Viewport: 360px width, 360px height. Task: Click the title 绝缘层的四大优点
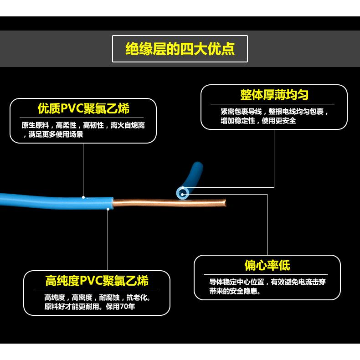tap(180, 49)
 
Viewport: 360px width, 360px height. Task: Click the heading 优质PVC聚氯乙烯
tap(83, 108)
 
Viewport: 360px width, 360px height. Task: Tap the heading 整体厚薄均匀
tap(274, 95)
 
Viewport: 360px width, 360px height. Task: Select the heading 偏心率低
tap(267, 265)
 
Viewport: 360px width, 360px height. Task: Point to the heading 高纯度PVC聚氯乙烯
tap(97, 280)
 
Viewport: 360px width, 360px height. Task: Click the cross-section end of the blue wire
tap(182, 194)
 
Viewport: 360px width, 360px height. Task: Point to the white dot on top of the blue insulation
tap(83, 197)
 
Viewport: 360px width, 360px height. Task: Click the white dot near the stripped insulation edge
tap(108, 209)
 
